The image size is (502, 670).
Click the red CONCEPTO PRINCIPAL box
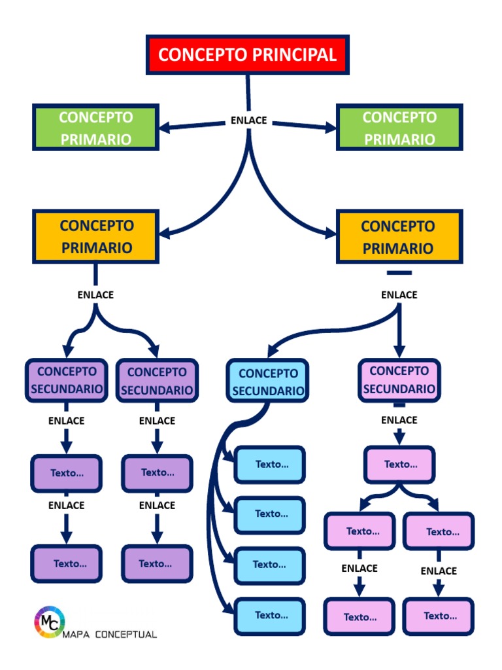[x=247, y=54]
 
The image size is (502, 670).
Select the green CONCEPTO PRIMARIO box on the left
[x=95, y=128]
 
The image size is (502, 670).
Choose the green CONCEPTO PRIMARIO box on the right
[x=399, y=128]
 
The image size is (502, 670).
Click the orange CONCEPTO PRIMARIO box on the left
[x=95, y=236]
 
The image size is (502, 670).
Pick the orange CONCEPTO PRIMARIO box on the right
[x=399, y=237]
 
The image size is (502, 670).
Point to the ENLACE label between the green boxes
[x=248, y=120]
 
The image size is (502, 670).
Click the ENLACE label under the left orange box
[x=95, y=294]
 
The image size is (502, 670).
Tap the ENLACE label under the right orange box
[x=399, y=294]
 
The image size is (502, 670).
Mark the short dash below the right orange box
[x=399, y=273]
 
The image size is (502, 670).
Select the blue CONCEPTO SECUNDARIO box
[x=267, y=381]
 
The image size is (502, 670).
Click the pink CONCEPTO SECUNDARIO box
[x=399, y=379]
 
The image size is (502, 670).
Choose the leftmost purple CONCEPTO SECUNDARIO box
[x=66, y=380]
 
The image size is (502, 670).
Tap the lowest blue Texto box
[x=270, y=616]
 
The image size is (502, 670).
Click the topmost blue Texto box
[x=270, y=465]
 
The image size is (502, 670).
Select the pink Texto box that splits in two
[x=399, y=465]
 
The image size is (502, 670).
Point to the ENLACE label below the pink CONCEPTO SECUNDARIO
[x=399, y=420]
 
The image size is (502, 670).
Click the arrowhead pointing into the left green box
[x=165, y=127]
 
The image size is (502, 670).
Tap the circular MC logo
[x=49, y=622]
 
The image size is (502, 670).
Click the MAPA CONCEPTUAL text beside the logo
[x=110, y=634]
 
